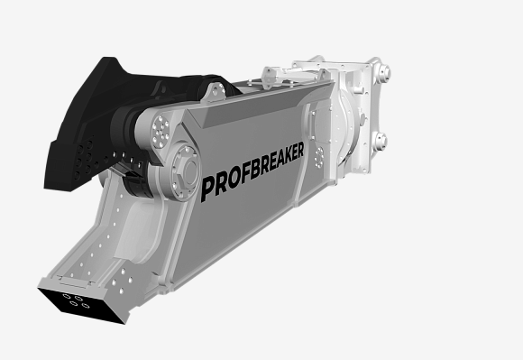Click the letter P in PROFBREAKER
207,189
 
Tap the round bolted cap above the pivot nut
161,131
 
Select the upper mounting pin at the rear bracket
383,72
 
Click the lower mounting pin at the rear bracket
380,141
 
